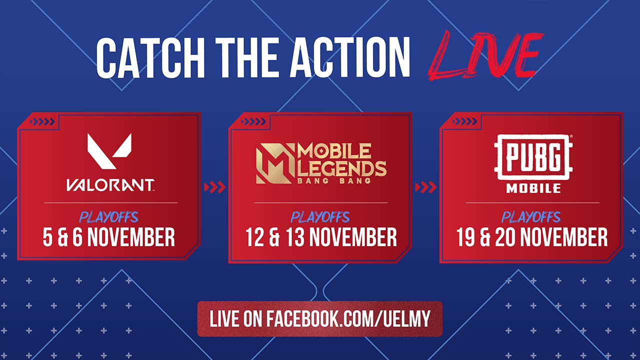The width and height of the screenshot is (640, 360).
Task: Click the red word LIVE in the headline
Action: (485, 56)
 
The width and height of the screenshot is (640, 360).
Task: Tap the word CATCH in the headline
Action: (150, 57)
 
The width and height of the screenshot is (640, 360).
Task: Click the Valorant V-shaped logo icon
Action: (109, 151)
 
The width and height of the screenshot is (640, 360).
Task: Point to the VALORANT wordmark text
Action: (110, 185)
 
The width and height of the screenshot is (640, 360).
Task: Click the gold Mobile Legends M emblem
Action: (275, 163)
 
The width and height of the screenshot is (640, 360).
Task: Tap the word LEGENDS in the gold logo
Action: (342, 168)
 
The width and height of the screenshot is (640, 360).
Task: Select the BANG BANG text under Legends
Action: (334, 180)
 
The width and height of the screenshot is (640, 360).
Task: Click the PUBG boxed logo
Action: (533, 157)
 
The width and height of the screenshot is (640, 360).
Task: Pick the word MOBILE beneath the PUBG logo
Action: (533, 188)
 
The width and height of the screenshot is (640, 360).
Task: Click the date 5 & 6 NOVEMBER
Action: (108, 237)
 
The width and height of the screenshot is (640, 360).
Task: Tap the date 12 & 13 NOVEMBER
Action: (321, 237)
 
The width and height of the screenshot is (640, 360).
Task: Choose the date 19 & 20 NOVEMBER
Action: (531, 237)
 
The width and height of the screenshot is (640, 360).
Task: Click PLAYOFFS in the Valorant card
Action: (109, 217)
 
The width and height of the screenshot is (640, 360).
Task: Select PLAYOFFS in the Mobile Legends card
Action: (320, 217)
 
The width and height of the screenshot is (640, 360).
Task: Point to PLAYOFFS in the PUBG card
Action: (531, 217)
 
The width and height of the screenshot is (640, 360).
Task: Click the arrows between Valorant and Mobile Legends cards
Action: (214, 187)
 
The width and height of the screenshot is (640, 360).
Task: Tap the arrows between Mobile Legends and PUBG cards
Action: (425, 187)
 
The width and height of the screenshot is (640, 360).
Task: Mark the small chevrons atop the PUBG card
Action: (464, 121)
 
